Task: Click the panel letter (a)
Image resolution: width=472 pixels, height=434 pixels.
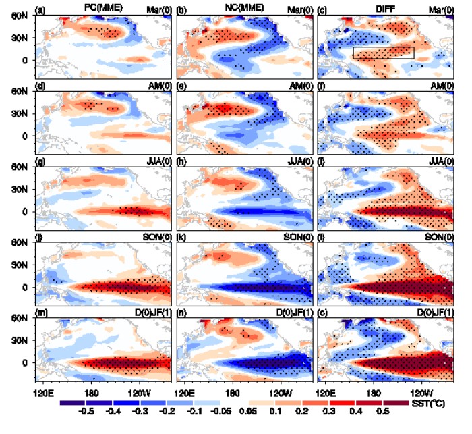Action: (42, 10)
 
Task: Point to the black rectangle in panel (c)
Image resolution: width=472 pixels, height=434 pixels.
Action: (383, 53)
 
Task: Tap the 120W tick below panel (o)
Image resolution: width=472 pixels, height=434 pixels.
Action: (422, 392)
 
